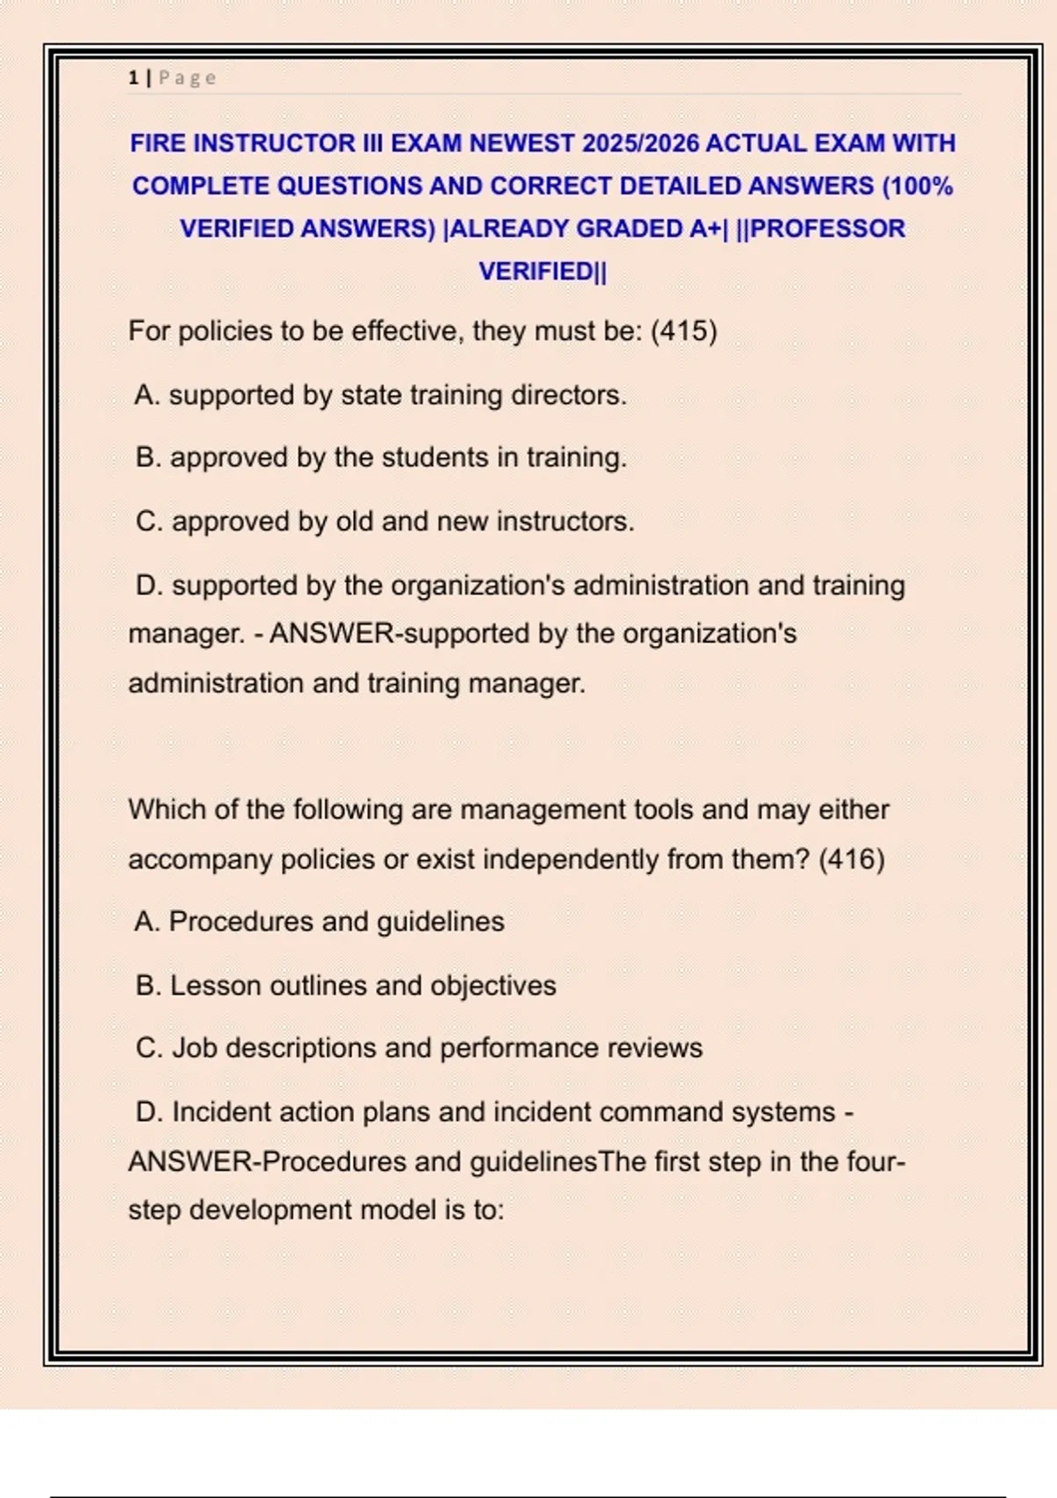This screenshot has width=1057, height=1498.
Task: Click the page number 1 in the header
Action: pyautogui.click(x=133, y=78)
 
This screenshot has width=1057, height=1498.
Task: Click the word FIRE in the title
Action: pyautogui.click(x=157, y=143)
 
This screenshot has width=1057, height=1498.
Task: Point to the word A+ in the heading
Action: pyautogui.click(x=708, y=228)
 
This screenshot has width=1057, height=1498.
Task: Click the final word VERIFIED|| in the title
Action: pyautogui.click(x=543, y=271)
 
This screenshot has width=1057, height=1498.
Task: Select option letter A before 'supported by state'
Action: pyautogui.click(x=146, y=395)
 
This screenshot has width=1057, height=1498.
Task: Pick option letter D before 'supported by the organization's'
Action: pyautogui.click(x=149, y=585)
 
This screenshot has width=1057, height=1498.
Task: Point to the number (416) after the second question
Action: pyautogui.click(x=851, y=859)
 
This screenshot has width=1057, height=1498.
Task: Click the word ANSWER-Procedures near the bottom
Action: pyautogui.click(x=267, y=1161)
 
